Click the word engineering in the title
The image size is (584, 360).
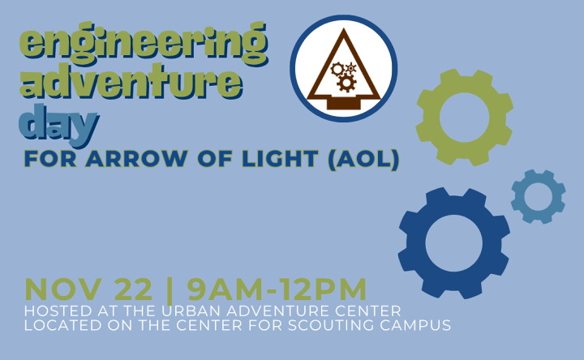click(x=144, y=44)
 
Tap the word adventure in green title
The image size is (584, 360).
click(x=131, y=81)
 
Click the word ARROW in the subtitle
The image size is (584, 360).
click(x=137, y=159)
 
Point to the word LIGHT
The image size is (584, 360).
click(x=280, y=159)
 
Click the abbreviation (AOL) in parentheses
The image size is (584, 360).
click(x=363, y=160)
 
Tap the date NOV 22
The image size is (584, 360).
click(x=88, y=289)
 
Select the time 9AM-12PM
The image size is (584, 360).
click(x=277, y=289)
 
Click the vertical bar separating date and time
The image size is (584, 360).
click(x=170, y=290)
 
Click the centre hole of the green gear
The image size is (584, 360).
click(x=465, y=118)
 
